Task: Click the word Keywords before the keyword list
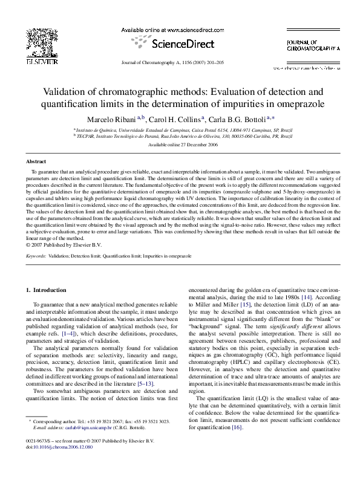click(36, 256)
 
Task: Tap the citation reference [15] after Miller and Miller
click(245, 306)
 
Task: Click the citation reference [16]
click(237, 444)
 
